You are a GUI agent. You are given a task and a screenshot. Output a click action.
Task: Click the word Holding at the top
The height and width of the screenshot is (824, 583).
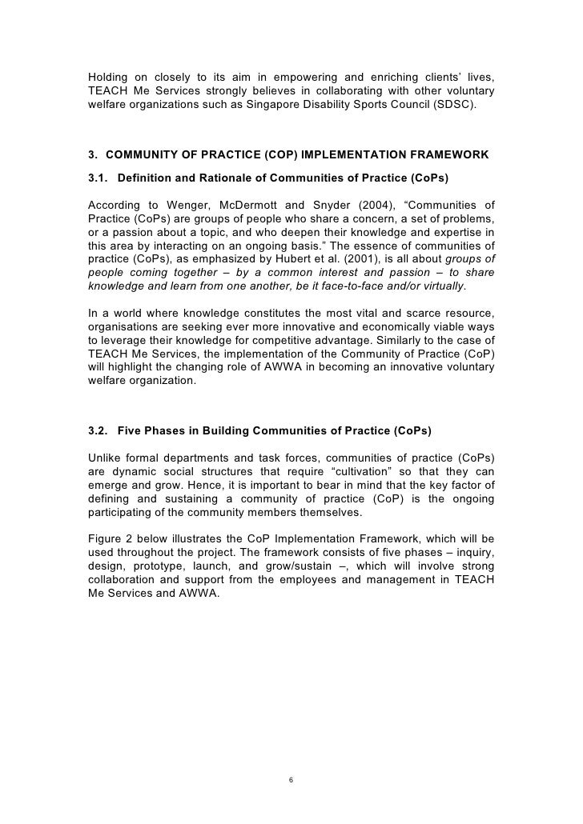[x=110, y=78]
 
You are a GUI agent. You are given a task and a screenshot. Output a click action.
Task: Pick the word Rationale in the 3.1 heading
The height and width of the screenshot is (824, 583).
[x=220, y=175]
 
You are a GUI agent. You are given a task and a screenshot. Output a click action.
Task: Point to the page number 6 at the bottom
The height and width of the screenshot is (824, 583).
[x=291, y=780]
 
